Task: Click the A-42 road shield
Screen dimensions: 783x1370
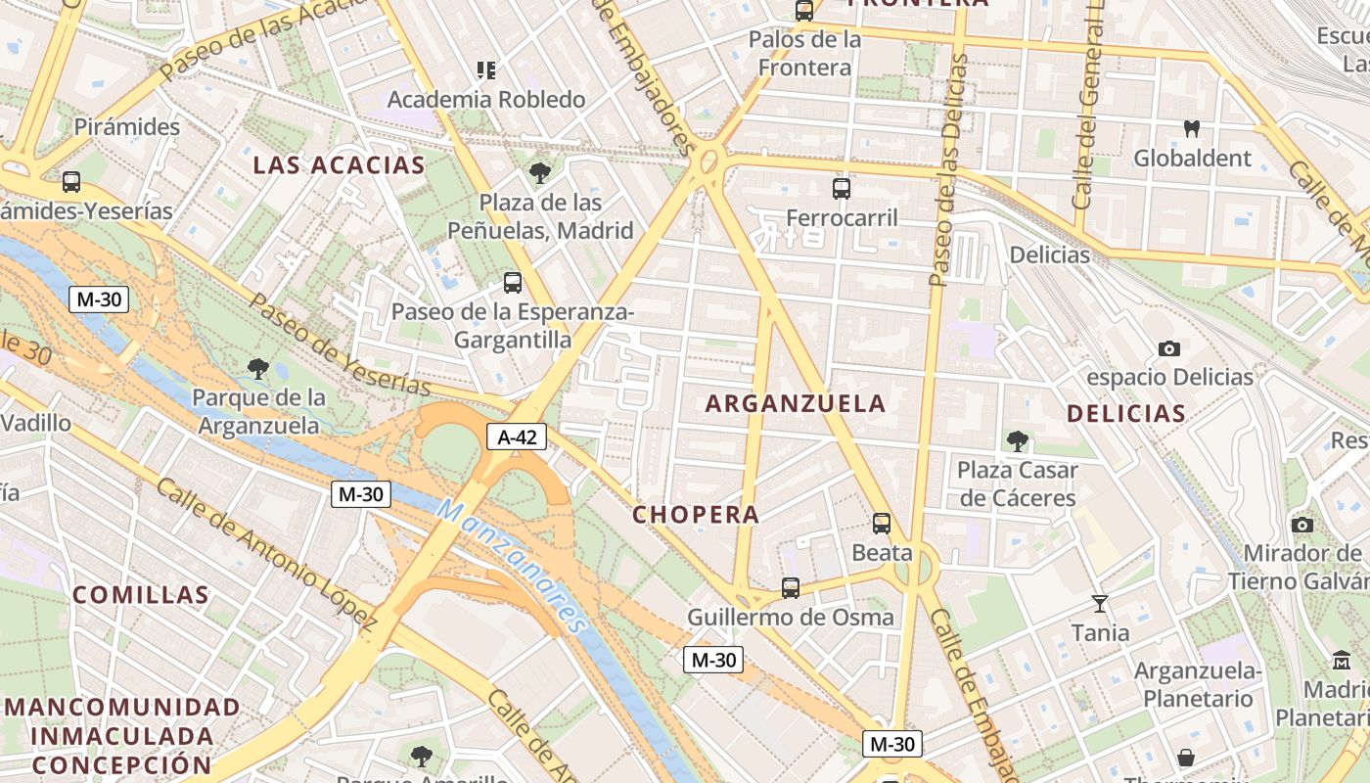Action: [517, 437]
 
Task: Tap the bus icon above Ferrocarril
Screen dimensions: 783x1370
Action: [841, 189]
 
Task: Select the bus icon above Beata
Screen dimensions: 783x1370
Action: [882, 524]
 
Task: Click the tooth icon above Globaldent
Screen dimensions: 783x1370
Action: [1192, 128]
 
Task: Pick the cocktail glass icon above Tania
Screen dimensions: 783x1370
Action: [1100, 604]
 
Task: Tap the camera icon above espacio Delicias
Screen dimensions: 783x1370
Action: [1168, 348]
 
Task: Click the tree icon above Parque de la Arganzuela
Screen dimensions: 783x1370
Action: [258, 369]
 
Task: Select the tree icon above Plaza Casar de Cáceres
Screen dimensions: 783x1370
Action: [1018, 441]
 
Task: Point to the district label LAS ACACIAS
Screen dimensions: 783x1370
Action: [339, 164]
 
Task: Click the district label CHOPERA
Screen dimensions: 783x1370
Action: [696, 514]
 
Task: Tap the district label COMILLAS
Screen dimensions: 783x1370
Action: [141, 594]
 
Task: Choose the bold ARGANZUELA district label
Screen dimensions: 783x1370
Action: [796, 402]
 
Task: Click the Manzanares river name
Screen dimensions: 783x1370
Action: [511, 565]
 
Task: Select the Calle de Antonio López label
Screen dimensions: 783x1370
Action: [266, 552]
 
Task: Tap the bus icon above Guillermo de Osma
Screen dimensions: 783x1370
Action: [791, 588]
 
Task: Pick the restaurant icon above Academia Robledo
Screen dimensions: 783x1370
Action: [486, 69]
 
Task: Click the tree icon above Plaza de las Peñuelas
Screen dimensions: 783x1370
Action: [539, 173]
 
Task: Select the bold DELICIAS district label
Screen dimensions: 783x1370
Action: [1126, 413]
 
